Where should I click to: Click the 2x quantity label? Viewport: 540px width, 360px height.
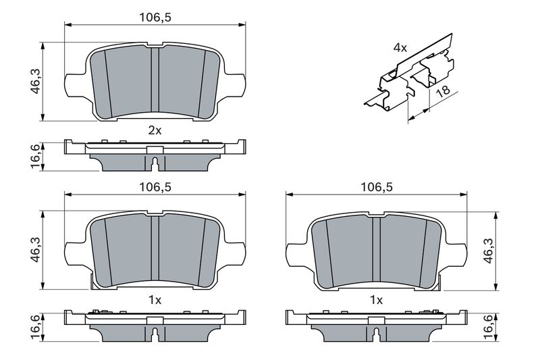tap(155, 130)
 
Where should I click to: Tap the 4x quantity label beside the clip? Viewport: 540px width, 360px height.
tap(400, 48)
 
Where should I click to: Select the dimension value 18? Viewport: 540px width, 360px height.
tap(443, 91)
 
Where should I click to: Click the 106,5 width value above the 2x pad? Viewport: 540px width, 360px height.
tap(155, 18)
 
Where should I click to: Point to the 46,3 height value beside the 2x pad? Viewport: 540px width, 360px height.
tap(36, 82)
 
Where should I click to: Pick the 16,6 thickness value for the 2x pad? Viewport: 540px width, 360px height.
tap(36, 157)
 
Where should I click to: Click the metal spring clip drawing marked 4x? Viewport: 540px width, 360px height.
tap(410, 74)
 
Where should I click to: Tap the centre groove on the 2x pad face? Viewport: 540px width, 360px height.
tap(155, 80)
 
